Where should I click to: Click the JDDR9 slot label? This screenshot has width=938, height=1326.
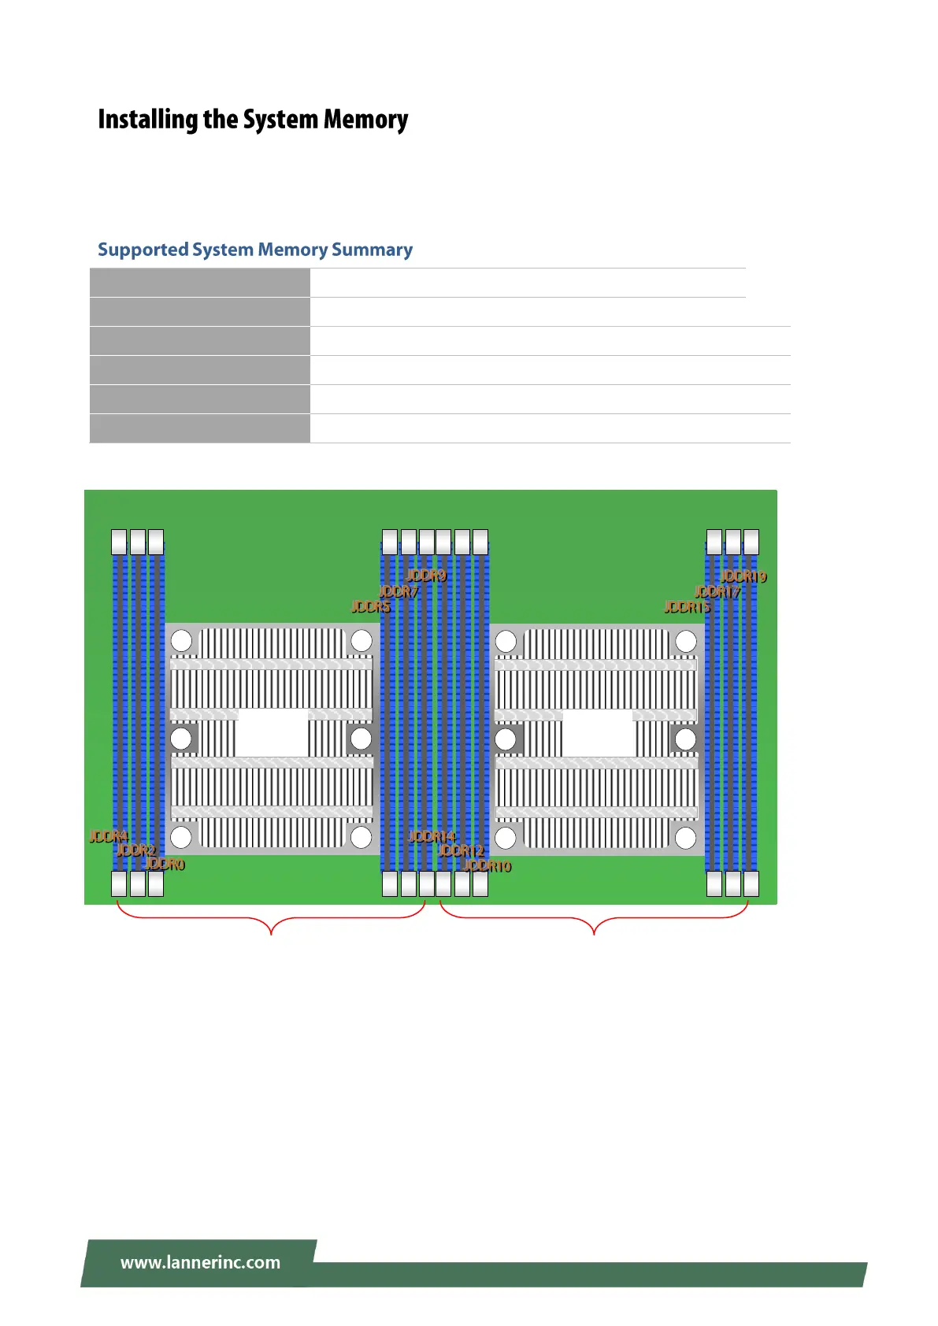[426, 576]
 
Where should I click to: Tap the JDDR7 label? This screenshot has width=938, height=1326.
[399, 591]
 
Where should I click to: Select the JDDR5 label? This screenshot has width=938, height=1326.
[370, 606]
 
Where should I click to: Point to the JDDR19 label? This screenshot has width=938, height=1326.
[743, 576]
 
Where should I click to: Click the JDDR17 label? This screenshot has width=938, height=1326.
[717, 591]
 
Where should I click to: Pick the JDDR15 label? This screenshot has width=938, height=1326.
[687, 606]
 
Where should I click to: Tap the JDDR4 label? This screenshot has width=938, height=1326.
[109, 836]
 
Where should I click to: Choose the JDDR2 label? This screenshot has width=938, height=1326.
[136, 850]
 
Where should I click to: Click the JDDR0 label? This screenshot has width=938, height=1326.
[165, 865]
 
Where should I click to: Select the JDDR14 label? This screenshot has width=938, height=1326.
[432, 836]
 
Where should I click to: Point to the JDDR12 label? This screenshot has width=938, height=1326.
[461, 850]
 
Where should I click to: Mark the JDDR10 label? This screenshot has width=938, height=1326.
[488, 866]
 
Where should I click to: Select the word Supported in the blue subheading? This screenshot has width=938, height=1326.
[143, 250]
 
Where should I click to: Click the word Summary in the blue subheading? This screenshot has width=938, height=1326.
[372, 250]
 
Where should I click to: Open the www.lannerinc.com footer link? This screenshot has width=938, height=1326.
[200, 1262]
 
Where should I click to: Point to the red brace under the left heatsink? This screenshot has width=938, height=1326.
[271, 921]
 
